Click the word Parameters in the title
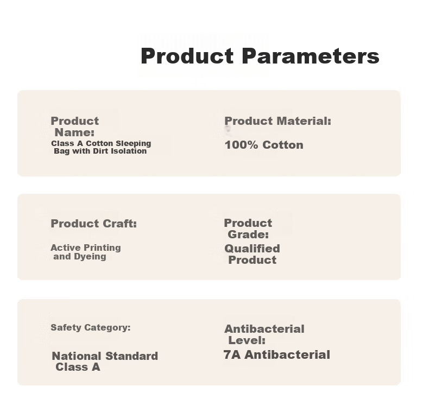pyautogui.click(x=311, y=56)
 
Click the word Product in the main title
pyautogui.click(x=187, y=56)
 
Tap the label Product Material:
pyautogui.click(x=277, y=121)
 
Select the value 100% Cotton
pyautogui.click(x=264, y=145)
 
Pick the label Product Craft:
pyautogui.click(x=93, y=224)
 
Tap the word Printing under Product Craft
pyautogui.click(x=103, y=248)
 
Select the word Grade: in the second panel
pyautogui.click(x=248, y=234)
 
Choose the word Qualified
pyautogui.click(x=253, y=249)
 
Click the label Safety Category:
pyautogui.click(x=91, y=327)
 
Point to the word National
pyautogui.click(x=77, y=356)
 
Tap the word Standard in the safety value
pyautogui.click(x=131, y=356)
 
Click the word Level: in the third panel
pyautogui.click(x=247, y=340)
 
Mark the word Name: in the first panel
pyautogui.click(x=74, y=132)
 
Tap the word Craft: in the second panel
pyautogui.click(x=119, y=224)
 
